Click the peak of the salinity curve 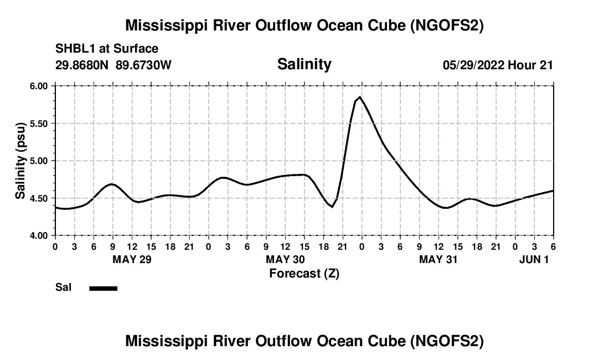360,97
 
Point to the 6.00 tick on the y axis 39,86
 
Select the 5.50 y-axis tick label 39,124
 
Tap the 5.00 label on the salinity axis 39,161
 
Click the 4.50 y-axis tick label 39,198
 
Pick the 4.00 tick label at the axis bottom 39,235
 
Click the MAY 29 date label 132,259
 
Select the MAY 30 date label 285,259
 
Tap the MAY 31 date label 438,259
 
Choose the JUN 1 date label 534,259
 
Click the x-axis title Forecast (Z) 304,273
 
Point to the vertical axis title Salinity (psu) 20,161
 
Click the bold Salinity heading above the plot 304,64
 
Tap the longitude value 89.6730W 144,65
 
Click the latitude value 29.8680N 83,65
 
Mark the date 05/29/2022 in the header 474,65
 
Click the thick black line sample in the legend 103,288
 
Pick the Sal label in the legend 63,288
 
